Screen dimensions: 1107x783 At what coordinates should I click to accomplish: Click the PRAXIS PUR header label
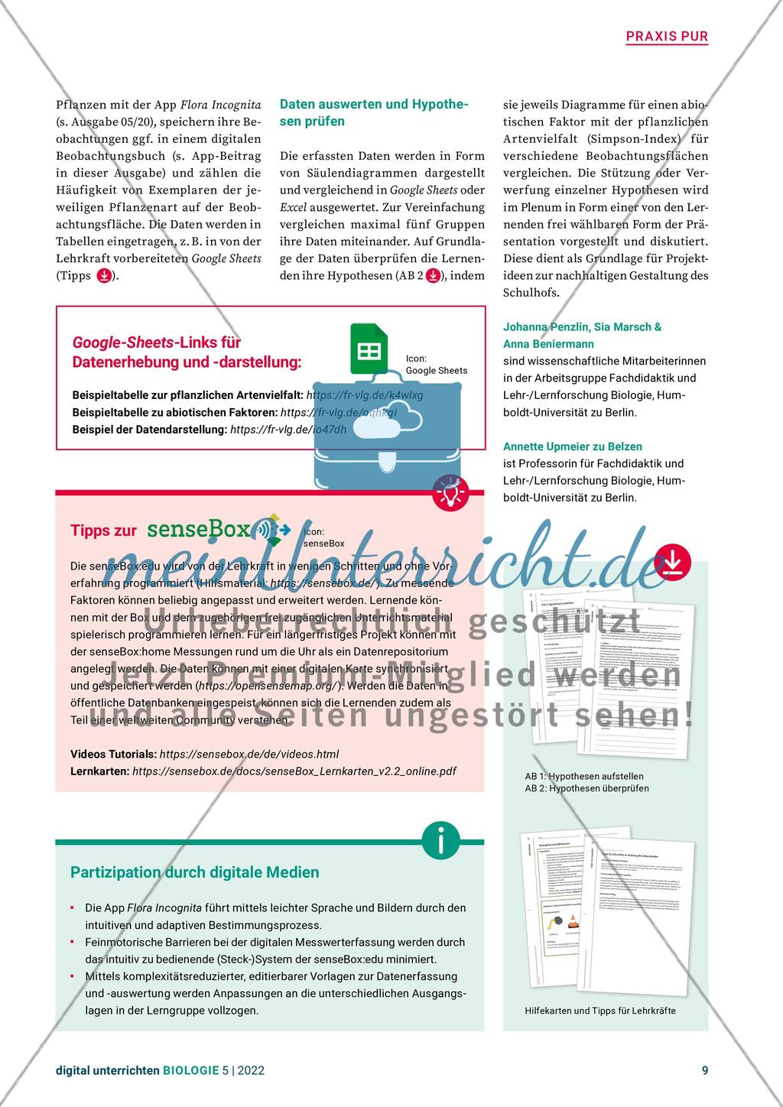point(667,36)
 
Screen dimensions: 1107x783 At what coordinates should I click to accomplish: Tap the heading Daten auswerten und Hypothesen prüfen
point(374,112)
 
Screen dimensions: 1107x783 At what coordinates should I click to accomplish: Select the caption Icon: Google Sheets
point(436,364)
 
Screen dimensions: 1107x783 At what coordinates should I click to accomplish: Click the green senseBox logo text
point(198,529)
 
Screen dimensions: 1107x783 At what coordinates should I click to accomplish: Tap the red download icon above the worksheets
point(672,563)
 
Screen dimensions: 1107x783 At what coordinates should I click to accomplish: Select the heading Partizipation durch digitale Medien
point(195,872)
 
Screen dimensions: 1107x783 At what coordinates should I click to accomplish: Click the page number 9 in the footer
point(704,1070)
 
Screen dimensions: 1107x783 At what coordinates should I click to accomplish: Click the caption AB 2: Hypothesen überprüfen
point(586,788)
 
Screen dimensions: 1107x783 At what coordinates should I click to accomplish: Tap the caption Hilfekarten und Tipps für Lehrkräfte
point(600,1011)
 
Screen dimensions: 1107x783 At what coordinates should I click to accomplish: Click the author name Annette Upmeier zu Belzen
point(573,446)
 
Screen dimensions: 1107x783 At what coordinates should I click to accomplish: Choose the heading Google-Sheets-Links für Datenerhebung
point(187,352)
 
